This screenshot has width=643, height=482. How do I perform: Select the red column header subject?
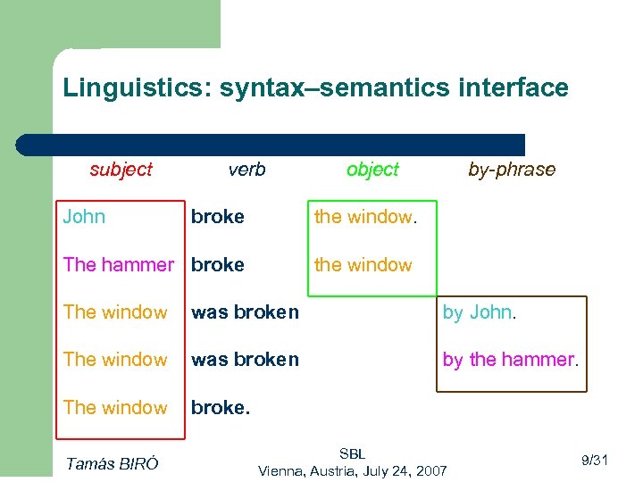coord(121,170)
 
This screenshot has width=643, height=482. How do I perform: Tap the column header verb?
coord(246,170)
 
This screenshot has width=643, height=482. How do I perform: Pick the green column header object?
coord(372,170)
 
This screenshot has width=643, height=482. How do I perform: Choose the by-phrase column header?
coord(512,170)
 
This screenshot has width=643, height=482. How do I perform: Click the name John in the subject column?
coord(84,217)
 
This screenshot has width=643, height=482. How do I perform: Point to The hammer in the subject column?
coord(119,265)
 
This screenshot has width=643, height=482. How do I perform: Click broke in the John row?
coord(218,217)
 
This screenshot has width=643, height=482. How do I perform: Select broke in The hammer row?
coord(218,265)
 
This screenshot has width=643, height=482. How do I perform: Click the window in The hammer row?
coord(363,265)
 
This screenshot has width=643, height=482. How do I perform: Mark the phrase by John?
coord(480,312)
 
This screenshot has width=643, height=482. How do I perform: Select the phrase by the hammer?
coord(511,360)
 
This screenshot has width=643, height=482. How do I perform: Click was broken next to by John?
coord(245,312)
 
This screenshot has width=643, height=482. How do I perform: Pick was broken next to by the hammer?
coord(245,360)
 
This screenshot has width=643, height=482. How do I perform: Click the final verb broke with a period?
coord(220,408)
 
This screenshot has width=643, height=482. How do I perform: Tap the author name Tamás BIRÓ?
coord(113,462)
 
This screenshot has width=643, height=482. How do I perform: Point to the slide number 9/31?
coord(594,461)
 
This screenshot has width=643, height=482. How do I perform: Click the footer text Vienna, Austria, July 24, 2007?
coord(352,470)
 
